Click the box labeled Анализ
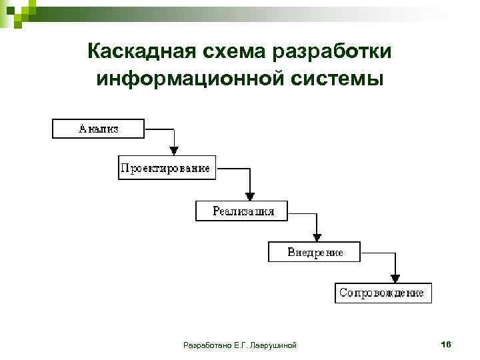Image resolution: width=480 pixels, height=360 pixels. (x=98, y=128)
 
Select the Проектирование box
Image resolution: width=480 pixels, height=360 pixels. (x=165, y=168)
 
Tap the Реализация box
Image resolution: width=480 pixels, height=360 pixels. (x=243, y=211)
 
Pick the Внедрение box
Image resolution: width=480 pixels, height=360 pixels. (x=315, y=252)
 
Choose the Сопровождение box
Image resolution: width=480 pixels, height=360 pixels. (x=383, y=293)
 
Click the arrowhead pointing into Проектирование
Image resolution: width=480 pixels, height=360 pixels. (x=173, y=151)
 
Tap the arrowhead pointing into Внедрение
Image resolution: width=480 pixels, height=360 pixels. (x=317, y=237)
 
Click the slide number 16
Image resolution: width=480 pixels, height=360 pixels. (x=446, y=344)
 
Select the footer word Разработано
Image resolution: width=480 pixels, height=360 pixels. (x=207, y=345)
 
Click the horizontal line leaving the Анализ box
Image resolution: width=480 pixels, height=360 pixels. (x=159, y=128)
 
